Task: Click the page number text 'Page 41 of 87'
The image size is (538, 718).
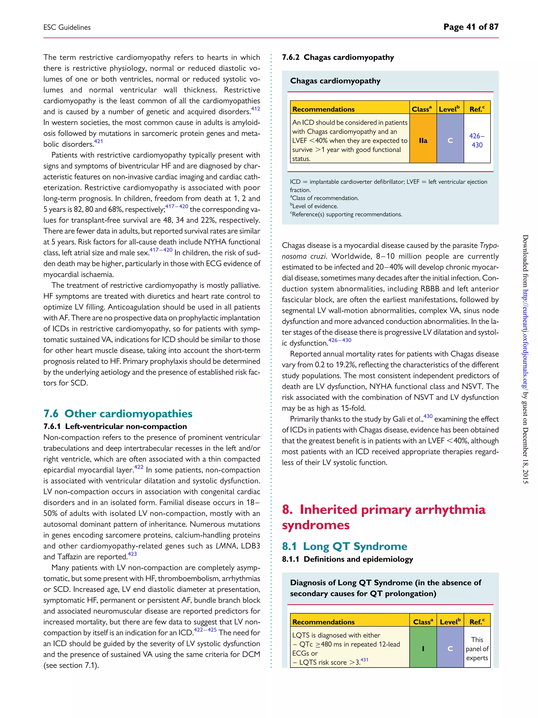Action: click(470, 27)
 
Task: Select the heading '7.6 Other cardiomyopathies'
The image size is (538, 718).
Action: click(118, 414)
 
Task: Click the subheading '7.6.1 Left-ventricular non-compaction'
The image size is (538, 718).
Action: click(115, 426)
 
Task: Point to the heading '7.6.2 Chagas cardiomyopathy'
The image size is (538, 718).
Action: click(338, 58)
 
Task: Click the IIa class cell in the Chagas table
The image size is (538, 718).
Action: click(423, 141)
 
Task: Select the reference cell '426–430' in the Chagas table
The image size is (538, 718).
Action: click(477, 141)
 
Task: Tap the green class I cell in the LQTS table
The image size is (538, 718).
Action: click(423, 649)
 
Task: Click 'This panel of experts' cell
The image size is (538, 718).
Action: click(477, 649)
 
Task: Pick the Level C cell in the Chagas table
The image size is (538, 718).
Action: click(450, 141)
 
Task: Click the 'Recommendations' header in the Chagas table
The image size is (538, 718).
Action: click(323, 109)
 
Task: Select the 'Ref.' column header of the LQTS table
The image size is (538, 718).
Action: click(477, 622)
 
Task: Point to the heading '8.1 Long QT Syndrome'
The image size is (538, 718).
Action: click(344, 546)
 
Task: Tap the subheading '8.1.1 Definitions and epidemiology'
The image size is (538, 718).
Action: click(347, 559)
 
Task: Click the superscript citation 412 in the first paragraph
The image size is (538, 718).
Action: click(255, 109)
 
